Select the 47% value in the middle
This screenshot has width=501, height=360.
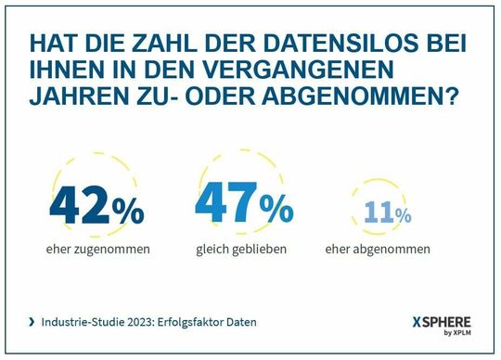click(244, 205)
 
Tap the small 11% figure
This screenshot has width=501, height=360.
click(388, 213)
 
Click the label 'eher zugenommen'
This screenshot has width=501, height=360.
click(96, 249)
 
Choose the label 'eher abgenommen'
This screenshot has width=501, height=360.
click(378, 249)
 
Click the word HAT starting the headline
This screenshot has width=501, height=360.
click(52, 45)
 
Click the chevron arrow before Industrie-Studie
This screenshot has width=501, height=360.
click(33, 322)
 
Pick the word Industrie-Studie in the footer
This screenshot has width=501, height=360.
click(79, 322)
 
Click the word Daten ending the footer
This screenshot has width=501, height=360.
click(240, 322)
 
